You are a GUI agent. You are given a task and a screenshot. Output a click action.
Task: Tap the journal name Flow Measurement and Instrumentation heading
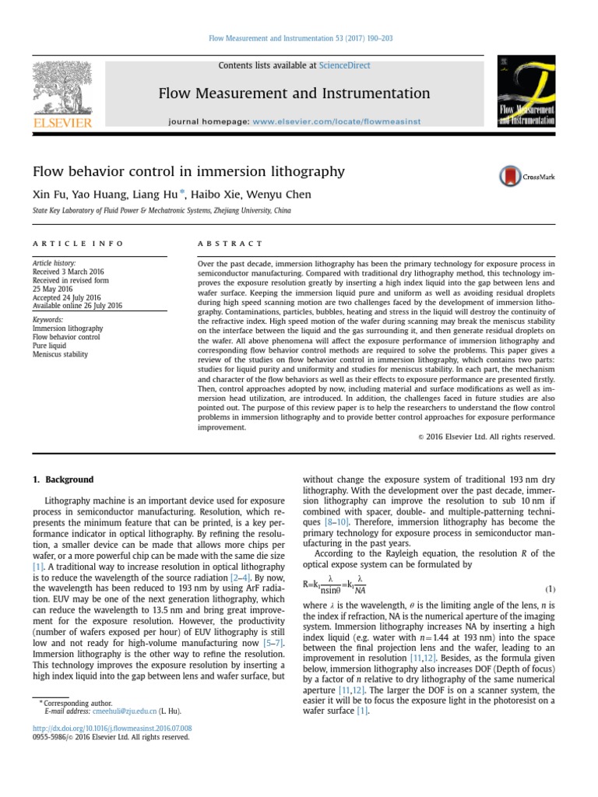pyautogui.click(x=294, y=93)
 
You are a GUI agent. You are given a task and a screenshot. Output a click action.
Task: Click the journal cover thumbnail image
pyautogui.click(x=527, y=93)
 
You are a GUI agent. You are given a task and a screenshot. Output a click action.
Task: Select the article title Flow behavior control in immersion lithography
pyautogui.click(x=188, y=170)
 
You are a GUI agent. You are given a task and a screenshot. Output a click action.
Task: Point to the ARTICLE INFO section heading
pyautogui.click(x=78, y=244)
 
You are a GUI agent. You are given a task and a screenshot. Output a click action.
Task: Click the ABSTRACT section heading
pyautogui.click(x=230, y=244)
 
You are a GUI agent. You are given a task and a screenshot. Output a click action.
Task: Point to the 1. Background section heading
pyautogui.click(x=63, y=479)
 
